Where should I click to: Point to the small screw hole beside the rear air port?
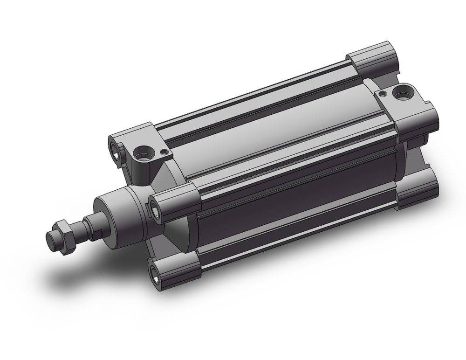383,94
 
